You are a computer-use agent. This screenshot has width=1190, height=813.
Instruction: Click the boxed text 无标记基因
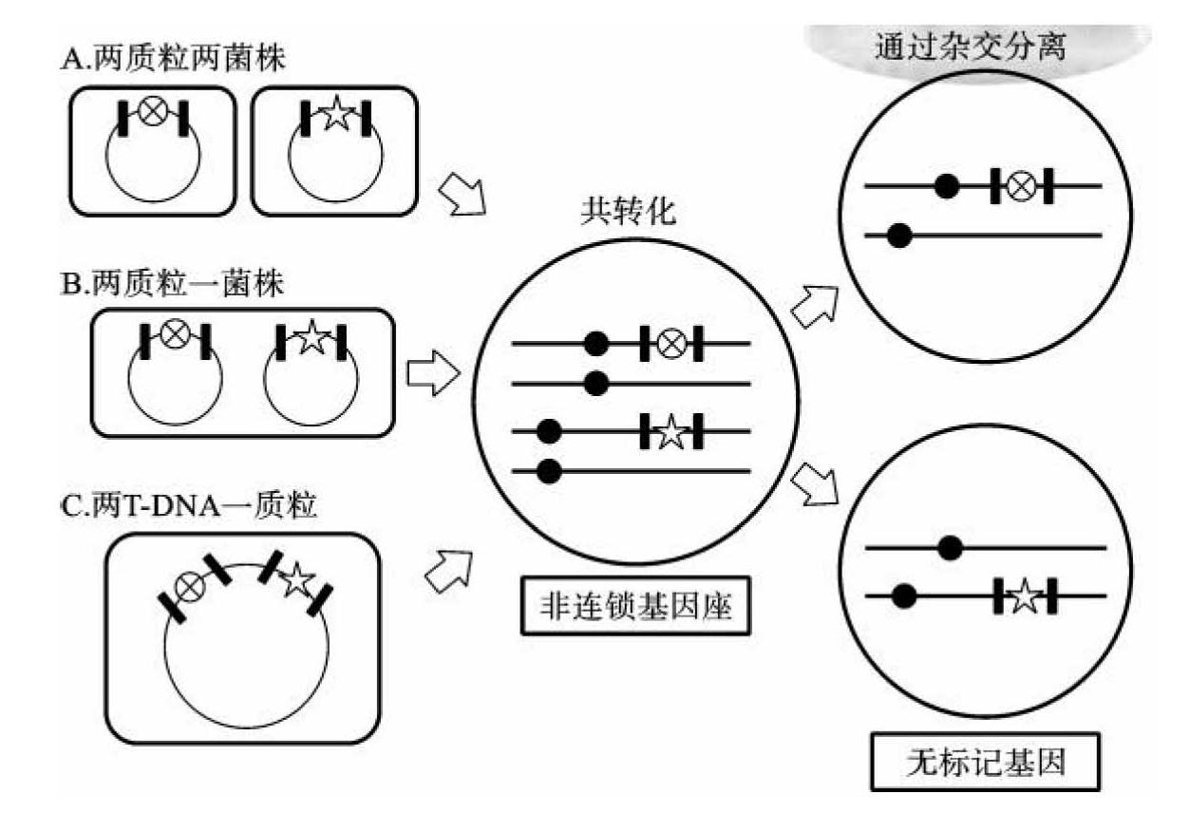coord(984,762)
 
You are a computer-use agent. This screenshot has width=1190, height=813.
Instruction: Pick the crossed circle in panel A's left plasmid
coord(152,112)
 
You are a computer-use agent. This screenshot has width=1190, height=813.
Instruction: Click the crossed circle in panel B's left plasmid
coord(174,335)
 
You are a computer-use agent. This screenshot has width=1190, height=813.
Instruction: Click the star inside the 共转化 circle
coord(671,432)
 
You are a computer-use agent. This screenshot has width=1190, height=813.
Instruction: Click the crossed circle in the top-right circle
coord(1021,186)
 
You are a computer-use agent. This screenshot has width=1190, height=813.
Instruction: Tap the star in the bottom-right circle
coord(1025,596)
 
